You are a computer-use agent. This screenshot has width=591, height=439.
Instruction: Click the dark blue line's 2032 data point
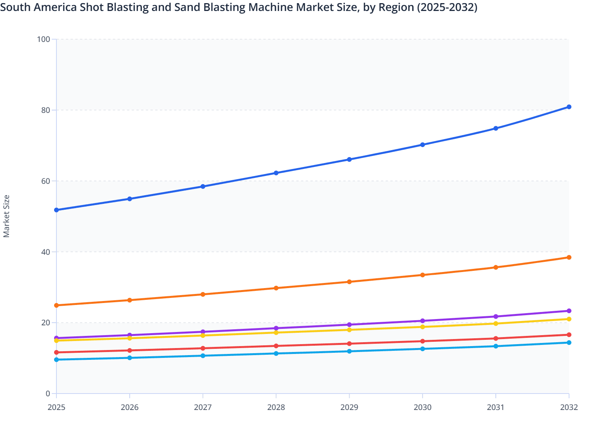(569, 107)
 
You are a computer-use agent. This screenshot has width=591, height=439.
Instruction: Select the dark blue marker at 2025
(56, 210)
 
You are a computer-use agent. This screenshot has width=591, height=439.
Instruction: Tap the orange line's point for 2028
(276, 288)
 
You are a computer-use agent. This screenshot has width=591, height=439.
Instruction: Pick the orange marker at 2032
(569, 258)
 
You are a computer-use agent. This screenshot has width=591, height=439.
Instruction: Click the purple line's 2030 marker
(422, 321)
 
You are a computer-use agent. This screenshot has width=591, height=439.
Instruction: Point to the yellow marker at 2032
(569, 319)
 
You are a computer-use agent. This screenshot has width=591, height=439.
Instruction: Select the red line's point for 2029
(349, 344)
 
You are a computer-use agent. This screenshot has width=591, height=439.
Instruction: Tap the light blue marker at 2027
(203, 356)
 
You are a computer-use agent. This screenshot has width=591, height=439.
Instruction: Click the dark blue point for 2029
(349, 160)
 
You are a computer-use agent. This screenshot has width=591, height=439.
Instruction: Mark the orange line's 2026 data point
(130, 300)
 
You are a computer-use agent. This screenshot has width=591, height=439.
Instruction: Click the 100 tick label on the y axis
(44, 39)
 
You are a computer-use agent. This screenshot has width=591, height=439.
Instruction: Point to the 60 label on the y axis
(45, 181)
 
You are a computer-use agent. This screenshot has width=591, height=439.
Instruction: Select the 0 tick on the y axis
(48, 394)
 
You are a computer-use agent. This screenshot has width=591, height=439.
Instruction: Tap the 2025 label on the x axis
(56, 407)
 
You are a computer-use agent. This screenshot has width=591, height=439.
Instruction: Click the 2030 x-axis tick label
(422, 407)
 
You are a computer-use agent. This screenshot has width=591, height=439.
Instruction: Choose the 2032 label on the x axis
(569, 407)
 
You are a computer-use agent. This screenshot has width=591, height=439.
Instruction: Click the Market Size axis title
(6, 216)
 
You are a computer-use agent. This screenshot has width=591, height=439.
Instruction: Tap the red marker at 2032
(569, 335)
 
